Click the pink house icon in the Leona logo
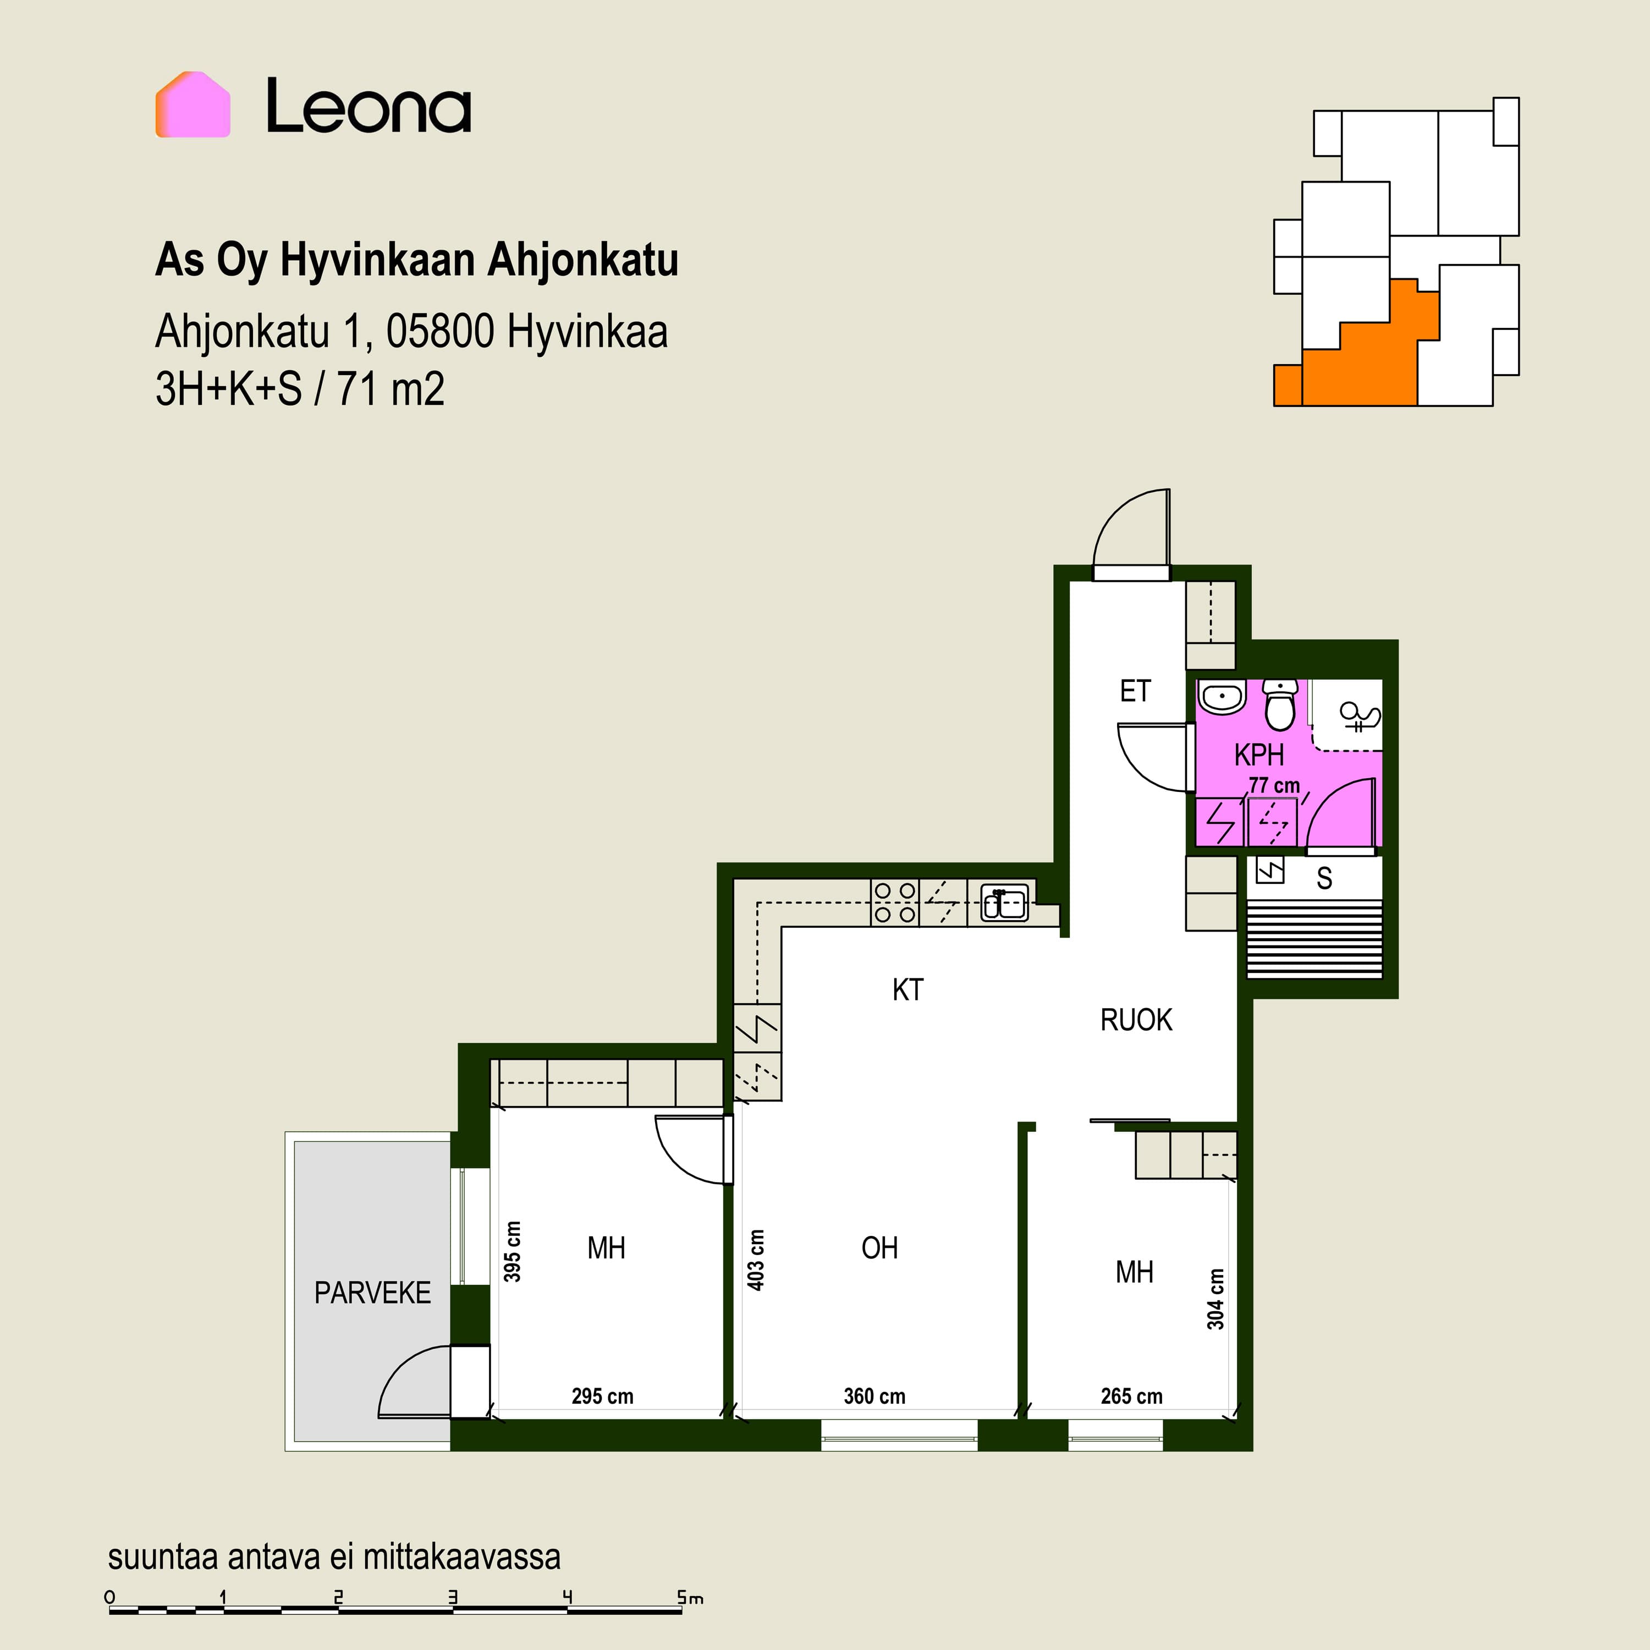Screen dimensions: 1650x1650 pyautogui.click(x=193, y=104)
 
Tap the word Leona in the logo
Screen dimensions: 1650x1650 pyautogui.click(x=369, y=106)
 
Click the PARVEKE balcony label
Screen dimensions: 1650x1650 pyautogui.click(x=372, y=1293)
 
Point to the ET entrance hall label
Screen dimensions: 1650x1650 pyautogui.click(x=1135, y=691)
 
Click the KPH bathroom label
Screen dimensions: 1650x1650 pyautogui.click(x=1259, y=755)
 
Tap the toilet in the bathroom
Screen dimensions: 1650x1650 pyautogui.click(x=1279, y=705)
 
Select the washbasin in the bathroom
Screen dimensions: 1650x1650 pyautogui.click(x=1223, y=698)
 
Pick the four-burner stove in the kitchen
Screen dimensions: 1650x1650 pyautogui.click(x=895, y=903)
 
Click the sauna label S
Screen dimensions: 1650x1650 pyautogui.click(x=1324, y=879)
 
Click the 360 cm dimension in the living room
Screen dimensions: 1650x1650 pyautogui.click(x=875, y=1396)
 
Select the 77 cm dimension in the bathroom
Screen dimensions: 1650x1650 pyautogui.click(x=1274, y=785)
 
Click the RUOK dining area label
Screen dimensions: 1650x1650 pyautogui.click(x=1136, y=1020)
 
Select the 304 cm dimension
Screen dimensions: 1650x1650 pyautogui.click(x=1216, y=1298)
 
